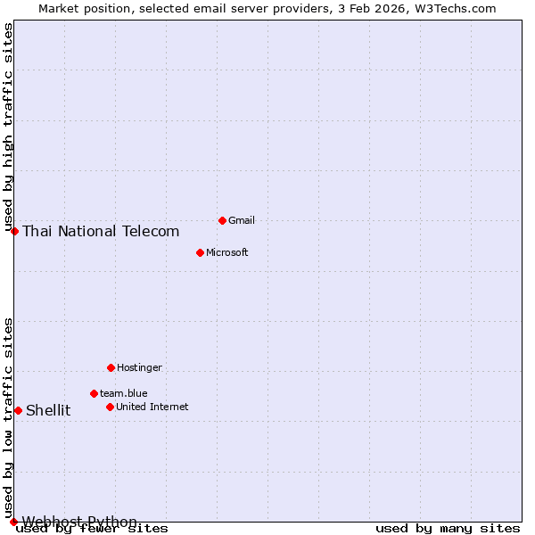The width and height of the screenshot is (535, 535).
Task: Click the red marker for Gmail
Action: pyautogui.click(x=222, y=220)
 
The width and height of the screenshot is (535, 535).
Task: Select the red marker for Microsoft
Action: pyautogui.click(x=200, y=252)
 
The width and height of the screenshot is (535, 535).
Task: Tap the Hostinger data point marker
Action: pyautogui.click(x=111, y=367)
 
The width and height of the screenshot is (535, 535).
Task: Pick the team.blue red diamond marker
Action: pyautogui.click(x=94, y=393)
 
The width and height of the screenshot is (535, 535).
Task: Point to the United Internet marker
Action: pyautogui.click(x=110, y=407)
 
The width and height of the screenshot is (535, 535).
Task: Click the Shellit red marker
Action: pyautogui.click(x=18, y=410)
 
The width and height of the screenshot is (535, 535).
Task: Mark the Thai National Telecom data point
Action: pyautogui.click(x=14, y=231)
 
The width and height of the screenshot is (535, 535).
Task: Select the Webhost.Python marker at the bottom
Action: pyautogui.click(x=13, y=522)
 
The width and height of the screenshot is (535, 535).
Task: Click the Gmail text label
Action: pyautogui.click(x=242, y=220)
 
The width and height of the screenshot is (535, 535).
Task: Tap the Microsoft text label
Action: pyautogui.click(x=226, y=252)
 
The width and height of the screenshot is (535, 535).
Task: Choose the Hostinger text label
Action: pyautogui.click(x=139, y=367)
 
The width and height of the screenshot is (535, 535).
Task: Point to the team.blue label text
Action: pyautogui.click(x=123, y=393)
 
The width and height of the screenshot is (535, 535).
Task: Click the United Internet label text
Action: pyautogui.click(x=152, y=407)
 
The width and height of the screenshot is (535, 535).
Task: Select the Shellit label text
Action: pyautogui.click(x=48, y=410)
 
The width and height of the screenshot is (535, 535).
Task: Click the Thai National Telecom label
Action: pyautogui.click(x=101, y=231)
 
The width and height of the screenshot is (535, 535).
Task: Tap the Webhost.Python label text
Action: pyautogui.click(x=79, y=522)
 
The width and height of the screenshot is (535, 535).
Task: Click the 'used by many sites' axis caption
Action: pyautogui.click(x=448, y=529)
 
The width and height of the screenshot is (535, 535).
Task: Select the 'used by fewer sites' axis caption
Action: pyautogui.click(x=92, y=529)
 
